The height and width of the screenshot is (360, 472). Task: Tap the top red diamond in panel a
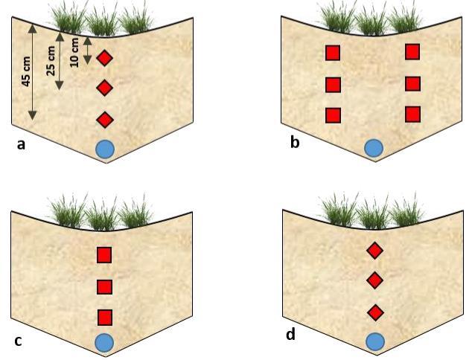pyautogui.click(x=105, y=57)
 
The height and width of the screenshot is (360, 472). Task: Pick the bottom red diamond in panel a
pyautogui.click(x=105, y=119)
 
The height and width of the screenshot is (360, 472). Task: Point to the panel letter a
pyautogui.click(x=21, y=144)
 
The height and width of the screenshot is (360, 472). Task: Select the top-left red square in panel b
pyautogui.click(x=333, y=53)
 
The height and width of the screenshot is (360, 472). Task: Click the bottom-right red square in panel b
pyautogui.click(x=412, y=115)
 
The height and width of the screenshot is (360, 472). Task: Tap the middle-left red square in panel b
pyautogui.click(x=333, y=84)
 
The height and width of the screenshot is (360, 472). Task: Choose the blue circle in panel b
pyautogui.click(x=373, y=147)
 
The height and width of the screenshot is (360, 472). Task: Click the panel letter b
pyautogui.click(x=295, y=142)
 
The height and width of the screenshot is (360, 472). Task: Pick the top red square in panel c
pyautogui.click(x=104, y=255)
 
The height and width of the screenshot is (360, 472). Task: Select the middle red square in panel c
pyautogui.click(x=104, y=286)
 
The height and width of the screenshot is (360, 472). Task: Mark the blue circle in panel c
pyautogui.click(x=104, y=342)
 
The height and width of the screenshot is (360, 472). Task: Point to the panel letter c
pyautogui.click(x=18, y=342)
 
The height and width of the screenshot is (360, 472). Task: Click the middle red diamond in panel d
pyautogui.click(x=375, y=280)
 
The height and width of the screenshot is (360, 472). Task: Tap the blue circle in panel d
pyautogui.click(x=375, y=341)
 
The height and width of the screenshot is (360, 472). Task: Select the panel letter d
pyautogui.click(x=290, y=334)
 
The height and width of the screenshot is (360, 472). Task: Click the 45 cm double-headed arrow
pyautogui.click(x=32, y=72)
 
